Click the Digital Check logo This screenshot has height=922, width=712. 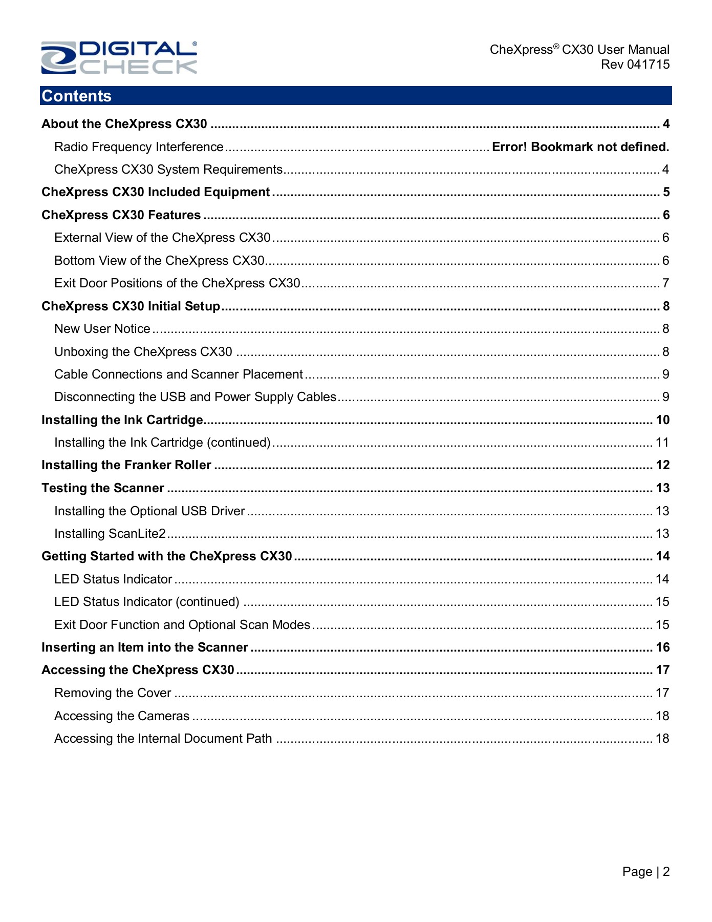click(119, 57)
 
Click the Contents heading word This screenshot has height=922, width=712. click(77, 96)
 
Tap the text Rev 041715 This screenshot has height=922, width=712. click(635, 65)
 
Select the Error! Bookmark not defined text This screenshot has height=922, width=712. click(580, 147)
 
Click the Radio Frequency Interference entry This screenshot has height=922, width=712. click(139, 147)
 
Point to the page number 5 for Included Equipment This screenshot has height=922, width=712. click(666, 192)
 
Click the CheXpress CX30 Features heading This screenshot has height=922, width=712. click(121, 215)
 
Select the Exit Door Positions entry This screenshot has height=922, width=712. click(177, 283)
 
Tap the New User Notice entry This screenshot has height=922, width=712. click(102, 329)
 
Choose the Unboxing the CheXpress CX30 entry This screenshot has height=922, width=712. click(143, 352)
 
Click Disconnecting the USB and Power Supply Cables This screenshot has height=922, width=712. click(195, 397)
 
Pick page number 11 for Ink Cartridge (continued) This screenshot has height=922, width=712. click(662, 443)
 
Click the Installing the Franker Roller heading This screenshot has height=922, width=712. click(126, 465)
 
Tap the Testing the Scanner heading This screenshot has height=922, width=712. click(103, 488)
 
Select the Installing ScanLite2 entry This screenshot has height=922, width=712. click(110, 534)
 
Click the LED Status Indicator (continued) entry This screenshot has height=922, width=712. click(147, 602)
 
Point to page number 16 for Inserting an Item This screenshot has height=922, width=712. click(662, 647)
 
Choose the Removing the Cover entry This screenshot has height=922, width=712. click(113, 693)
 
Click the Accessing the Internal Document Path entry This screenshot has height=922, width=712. click(163, 739)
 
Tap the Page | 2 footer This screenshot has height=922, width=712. click(645, 872)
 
